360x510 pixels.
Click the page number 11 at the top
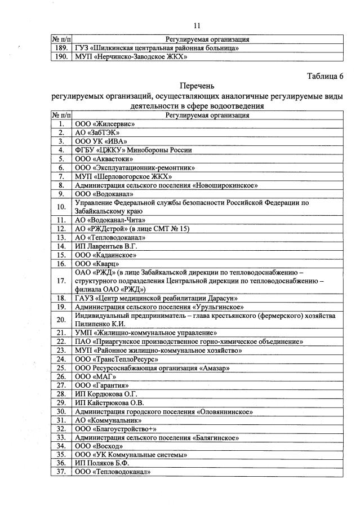click(x=197, y=25)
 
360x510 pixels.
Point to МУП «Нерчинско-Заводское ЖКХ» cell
click(x=131, y=57)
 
